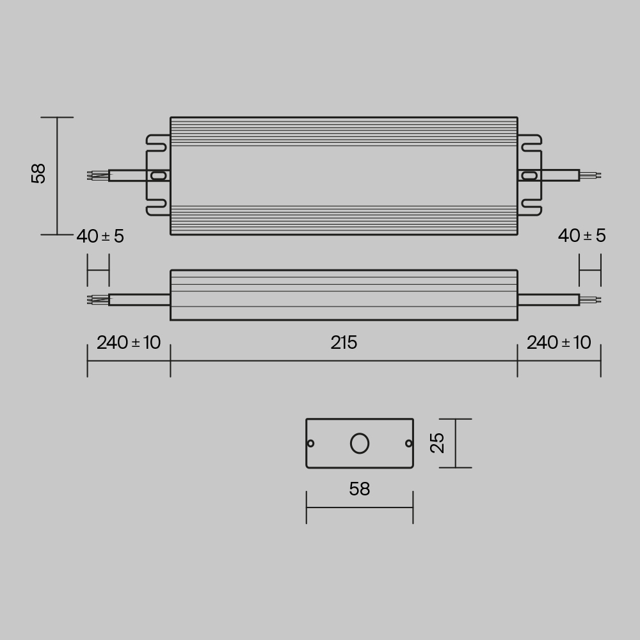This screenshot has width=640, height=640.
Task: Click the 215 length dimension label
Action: [x=344, y=343]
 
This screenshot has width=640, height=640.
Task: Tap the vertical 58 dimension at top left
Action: [x=39, y=173]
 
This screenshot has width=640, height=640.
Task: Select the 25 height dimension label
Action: [x=438, y=443]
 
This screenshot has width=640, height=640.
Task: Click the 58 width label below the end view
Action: [x=360, y=490]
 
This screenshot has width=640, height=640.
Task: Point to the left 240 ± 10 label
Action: [x=129, y=343]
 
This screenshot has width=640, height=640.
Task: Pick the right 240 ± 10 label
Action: [x=559, y=343]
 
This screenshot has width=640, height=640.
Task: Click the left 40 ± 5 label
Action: [x=100, y=237]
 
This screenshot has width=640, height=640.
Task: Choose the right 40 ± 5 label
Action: [x=581, y=236]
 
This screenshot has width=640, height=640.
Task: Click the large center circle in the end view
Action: [x=360, y=443]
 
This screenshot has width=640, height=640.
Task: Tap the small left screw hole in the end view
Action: [x=311, y=444]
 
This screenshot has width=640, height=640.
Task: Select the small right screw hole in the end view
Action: [x=408, y=443]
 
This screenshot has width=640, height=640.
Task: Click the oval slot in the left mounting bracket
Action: [x=157, y=175]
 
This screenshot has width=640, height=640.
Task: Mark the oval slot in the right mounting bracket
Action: [x=530, y=175]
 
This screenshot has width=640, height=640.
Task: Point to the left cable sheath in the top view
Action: [x=131, y=175]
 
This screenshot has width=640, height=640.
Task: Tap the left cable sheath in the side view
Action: [x=139, y=300]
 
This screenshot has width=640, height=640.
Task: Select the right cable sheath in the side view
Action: [x=548, y=300]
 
